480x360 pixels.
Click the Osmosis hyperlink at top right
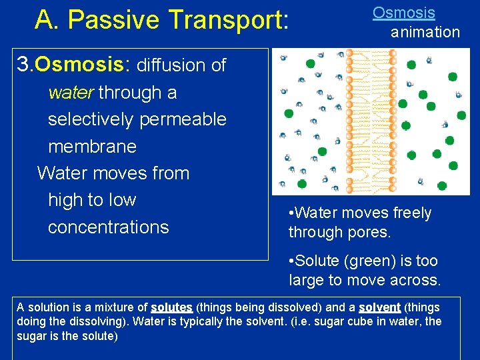tap(403, 13)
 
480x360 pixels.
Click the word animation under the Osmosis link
tap(425, 32)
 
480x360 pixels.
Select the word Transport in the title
tap(227, 21)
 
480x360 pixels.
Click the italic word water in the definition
tap(70, 93)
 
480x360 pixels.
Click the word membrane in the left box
tap(92, 146)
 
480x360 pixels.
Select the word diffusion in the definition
tap(171, 65)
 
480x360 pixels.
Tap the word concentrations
tap(108, 227)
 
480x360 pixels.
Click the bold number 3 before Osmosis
tap(24, 65)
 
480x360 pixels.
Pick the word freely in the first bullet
tap(409, 213)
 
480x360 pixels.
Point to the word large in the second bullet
tap(308, 280)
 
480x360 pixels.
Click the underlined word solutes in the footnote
tap(171, 307)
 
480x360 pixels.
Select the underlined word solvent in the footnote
tap(379, 307)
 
